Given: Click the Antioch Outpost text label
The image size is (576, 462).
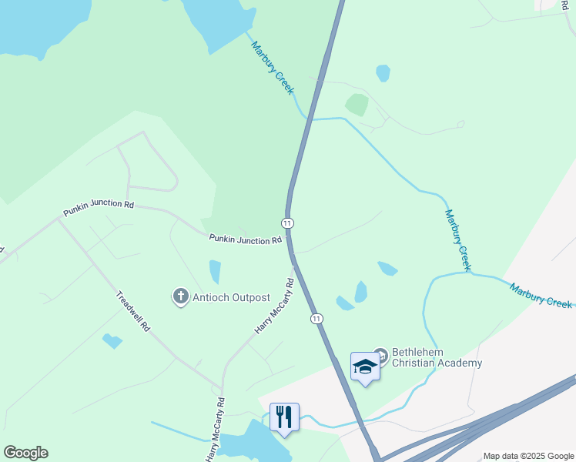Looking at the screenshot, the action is click(x=231, y=297).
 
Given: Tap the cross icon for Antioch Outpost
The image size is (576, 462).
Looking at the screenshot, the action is click(x=181, y=296).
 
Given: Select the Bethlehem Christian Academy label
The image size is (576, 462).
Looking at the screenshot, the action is click(x=437, y=358).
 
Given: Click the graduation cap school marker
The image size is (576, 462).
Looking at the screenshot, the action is click(x=365, y=367).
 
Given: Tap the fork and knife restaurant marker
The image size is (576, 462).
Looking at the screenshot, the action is click(x=284, y=417).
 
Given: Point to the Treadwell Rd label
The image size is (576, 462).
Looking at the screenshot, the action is click(x=132, y=310).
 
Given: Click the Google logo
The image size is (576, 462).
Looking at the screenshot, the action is click(x=25, y=453).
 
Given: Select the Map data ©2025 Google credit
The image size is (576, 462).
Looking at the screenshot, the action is click(x=527, y=456).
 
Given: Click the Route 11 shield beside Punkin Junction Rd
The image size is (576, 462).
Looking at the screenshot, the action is click(x=287, y=223).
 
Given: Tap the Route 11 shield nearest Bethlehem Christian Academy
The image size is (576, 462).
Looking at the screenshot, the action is click(x=316, y=318).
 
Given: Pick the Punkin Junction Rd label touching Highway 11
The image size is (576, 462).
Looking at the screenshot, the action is click(x=245, y=240).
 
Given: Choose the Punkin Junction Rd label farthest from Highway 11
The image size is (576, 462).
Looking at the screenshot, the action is click(x=99, y=207).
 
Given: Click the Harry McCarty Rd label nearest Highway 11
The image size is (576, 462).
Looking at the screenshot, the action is click(x=275, y=306).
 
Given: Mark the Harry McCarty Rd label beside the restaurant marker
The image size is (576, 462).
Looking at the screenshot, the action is click(x=216, y=429).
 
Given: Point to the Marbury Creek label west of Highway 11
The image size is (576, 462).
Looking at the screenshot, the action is click(x=273, y=68).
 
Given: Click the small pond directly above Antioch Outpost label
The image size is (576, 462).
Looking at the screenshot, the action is click(x=215, y=271).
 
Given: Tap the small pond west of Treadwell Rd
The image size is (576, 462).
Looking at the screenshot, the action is click(x=112, y=340).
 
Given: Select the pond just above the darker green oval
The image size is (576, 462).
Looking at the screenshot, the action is click(x=383, y=73).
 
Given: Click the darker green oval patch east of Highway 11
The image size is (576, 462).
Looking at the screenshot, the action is click(x=357, y=105).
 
